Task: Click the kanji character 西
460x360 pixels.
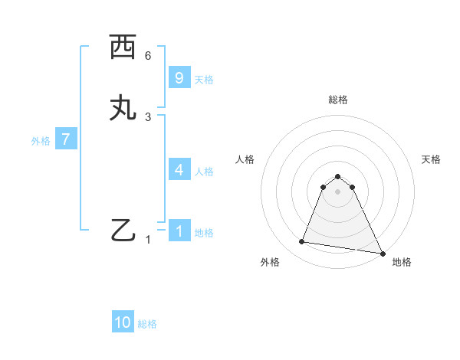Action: click(123, 48)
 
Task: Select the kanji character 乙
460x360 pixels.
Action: click(123, 231)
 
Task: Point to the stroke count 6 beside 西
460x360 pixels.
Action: click(148, 56)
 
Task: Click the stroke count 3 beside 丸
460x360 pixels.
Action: click(148, 116)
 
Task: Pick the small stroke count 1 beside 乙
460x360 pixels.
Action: click(149, 240)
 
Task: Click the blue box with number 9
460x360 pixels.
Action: click(179, 77)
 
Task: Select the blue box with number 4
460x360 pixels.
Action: click(179, 170)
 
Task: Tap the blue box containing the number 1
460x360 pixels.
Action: click(179, 231)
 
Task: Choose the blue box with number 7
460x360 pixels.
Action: click(66, 139)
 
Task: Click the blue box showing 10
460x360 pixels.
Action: click(123, 322)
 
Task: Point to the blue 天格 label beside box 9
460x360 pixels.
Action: click(203, 80)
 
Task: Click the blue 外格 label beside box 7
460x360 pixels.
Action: click(40, 141)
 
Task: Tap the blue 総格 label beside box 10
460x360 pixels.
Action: click(147, 324)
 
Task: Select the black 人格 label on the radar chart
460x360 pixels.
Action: click(245, 159)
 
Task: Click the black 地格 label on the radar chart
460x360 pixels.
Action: click(402, 262)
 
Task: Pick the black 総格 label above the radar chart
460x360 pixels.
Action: click(338, 100)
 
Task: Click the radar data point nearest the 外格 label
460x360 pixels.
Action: click(302, 242)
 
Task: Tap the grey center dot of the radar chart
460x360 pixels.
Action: click(338, 191)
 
